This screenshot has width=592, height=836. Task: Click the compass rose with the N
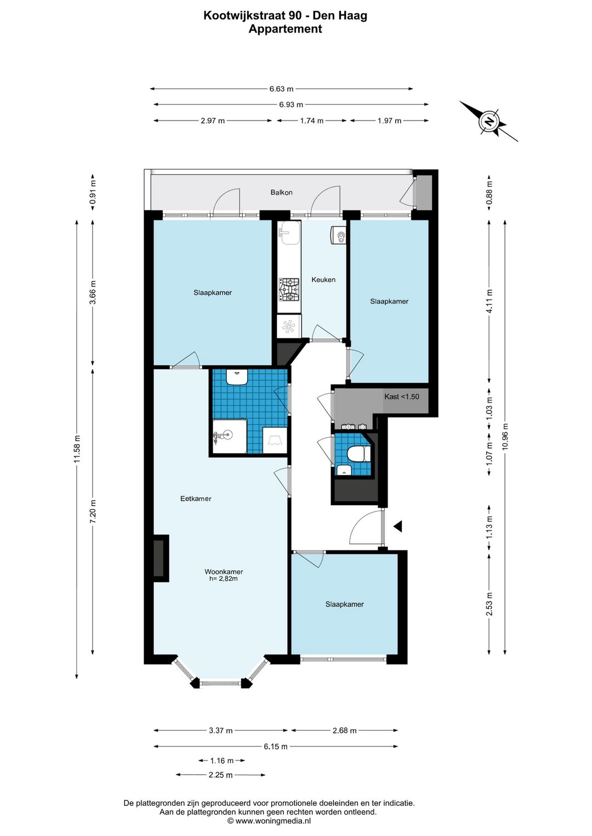click(x=488, y=121)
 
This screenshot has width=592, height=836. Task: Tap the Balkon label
click(x=281, y=193)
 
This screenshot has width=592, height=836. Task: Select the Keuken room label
click(x=323, y=279)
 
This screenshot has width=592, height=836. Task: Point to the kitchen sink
click(x=289, y=232)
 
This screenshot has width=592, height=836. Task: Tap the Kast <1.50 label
click(x=401, y=396)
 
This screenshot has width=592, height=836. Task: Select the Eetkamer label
click(x=196, y=499)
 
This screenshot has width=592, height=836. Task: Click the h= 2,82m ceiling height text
click(x=223, y=579)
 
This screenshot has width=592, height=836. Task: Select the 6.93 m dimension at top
click(x=291, y=105)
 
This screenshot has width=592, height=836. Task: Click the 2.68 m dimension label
click(x=344, y=730)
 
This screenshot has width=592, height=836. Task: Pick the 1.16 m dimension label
click(x=221, y=760)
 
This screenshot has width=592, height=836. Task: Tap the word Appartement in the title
click(x=286, y=28)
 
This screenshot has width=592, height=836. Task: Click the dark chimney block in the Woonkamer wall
click(x=161, y=558)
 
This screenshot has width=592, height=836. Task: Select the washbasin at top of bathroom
click(x=237, y=377)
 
